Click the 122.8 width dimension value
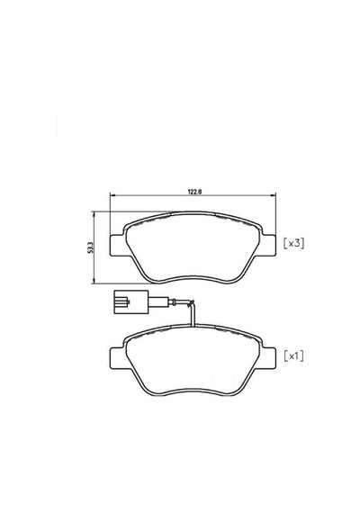(194, 192)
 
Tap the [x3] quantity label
(293, 243)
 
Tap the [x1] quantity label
(293, 356)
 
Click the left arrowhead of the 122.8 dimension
(112, 195)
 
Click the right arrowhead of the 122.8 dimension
(274, 195)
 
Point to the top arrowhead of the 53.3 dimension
(94, 214)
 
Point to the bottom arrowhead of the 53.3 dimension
(94, 281)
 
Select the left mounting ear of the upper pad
(117, 246)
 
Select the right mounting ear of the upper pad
(268, 246)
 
